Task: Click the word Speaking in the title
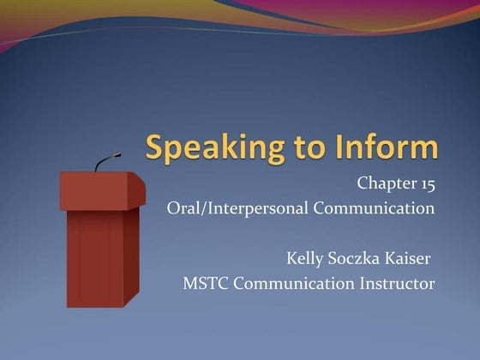[x=206, y=148]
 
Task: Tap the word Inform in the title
[x=386, y=147]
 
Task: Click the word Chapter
[x=384, y=183]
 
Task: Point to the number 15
[x=425, y=183]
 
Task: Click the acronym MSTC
[x=205, y=283]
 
